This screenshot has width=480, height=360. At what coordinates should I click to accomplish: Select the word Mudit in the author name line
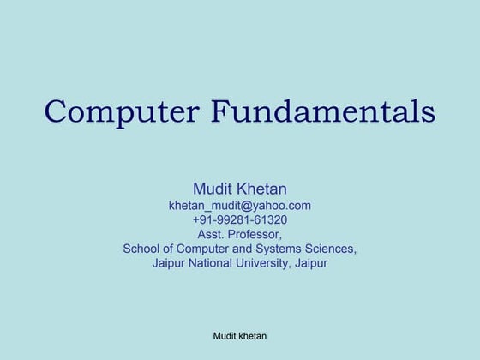(214, 188)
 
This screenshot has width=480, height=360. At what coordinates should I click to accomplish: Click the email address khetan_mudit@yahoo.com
(239, 206)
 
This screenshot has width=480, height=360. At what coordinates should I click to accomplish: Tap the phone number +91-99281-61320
(239, 220)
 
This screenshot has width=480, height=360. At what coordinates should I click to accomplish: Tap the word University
(265, 264)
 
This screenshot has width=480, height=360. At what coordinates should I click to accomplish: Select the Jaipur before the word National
(170, 264)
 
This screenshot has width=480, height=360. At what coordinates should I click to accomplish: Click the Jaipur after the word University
(310, 264)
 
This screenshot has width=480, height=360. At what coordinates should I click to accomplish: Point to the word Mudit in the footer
(225, 336)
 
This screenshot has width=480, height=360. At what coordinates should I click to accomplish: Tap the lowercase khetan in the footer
(253, 336)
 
